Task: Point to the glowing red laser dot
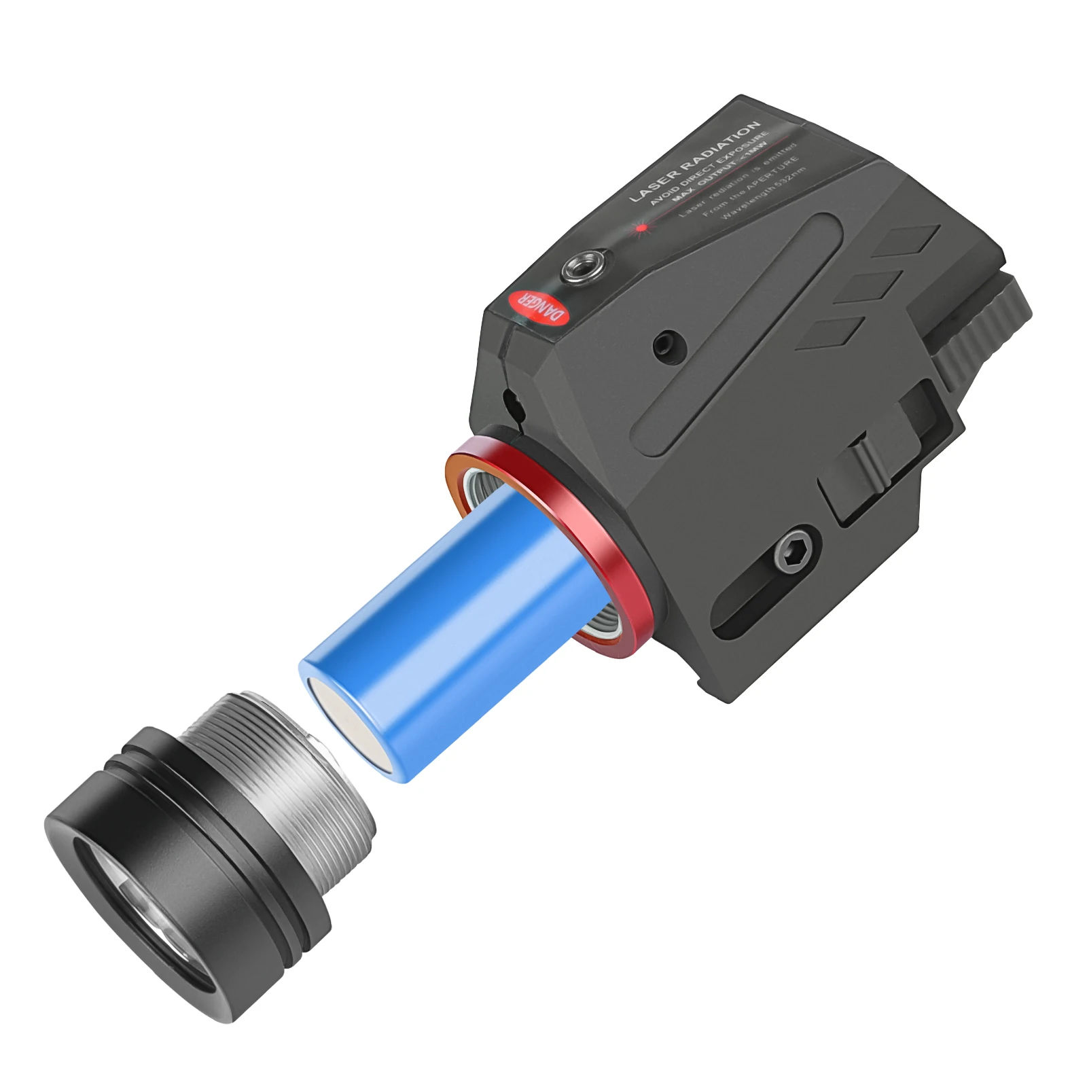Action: click(x=641, y=228)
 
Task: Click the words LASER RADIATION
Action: click(x=694, y=161)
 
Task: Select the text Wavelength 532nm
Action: click(x=764, y=194)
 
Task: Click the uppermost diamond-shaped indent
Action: click(x=907, y=241)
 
